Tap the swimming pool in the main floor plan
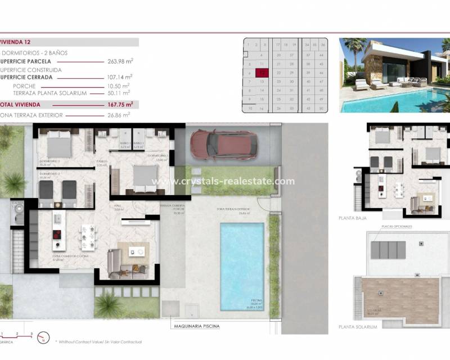pos(242,265)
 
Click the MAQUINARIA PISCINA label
pos(196,326)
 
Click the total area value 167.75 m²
pos(120,104)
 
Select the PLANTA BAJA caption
pos(353,217)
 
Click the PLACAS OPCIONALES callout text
pos(397,226)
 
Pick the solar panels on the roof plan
pos(388,250)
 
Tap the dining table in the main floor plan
pos(88,237)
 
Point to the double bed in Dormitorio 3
pos(58,145)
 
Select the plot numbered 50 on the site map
pos(320,107)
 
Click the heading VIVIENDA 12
pos(17,42)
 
